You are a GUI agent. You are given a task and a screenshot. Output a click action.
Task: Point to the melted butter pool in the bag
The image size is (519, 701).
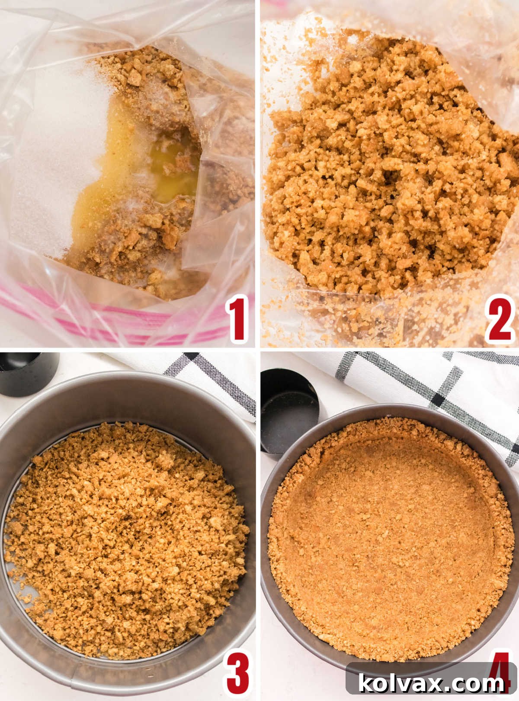[173, 173]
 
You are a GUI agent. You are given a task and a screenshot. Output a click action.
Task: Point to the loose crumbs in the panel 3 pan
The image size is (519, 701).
[125, 537]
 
